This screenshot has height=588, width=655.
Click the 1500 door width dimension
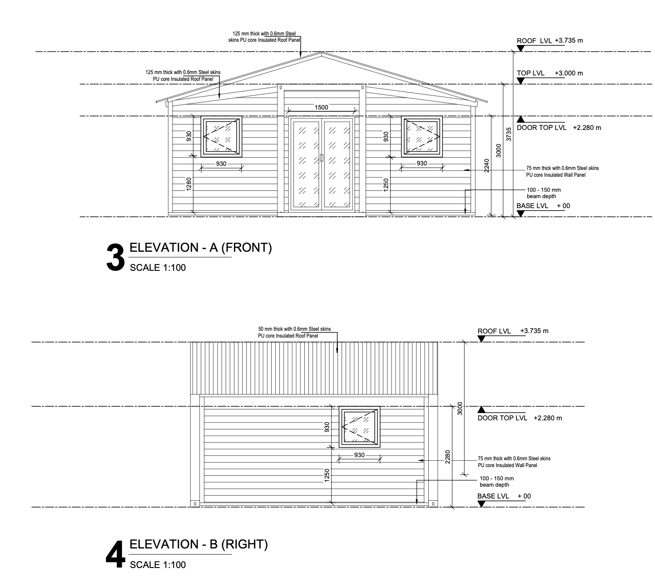coord(321,107)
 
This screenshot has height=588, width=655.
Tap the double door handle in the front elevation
coord(321,158)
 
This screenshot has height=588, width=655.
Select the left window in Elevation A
coord(222,136)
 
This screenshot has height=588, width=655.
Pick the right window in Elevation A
coord(422,136)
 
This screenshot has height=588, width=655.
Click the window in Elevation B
coord(359,427)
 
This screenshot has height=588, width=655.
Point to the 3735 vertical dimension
coord(509,134)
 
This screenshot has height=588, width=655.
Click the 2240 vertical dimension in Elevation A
coord(487,165)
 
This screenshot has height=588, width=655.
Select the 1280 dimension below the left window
coord(189,184)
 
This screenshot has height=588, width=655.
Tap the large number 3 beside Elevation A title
coord(115,258)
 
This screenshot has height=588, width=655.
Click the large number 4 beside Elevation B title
coord(115,555)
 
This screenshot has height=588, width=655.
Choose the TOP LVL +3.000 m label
coord(550,73)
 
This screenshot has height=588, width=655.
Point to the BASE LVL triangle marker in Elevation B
coord(481,504)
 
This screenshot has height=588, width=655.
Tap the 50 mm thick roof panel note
coord(294,333)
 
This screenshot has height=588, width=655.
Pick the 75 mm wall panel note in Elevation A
coord(562,171)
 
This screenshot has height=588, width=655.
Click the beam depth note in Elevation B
coord(496,482)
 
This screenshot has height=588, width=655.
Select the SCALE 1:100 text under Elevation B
coord(158,565)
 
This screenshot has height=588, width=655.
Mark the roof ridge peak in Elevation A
coord(321,52)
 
